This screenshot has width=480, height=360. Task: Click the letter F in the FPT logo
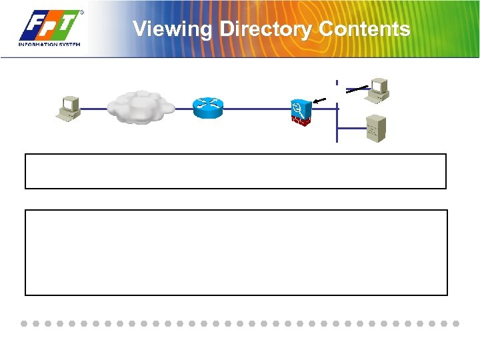click(33, 27)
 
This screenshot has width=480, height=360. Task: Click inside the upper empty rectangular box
click(235, 171)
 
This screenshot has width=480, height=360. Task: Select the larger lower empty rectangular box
click(235, 252)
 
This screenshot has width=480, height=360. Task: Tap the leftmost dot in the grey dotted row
click(24, 323)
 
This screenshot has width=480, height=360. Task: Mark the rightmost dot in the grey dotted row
click(456, 323)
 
